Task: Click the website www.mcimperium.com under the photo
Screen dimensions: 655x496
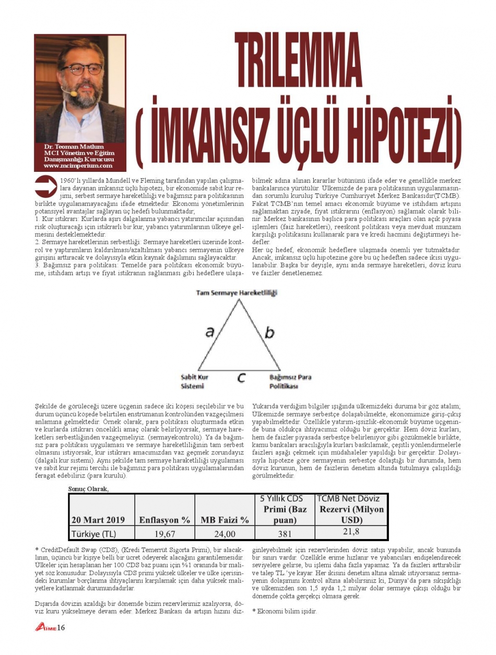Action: [78, 166]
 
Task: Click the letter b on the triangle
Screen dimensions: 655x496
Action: [269, 332]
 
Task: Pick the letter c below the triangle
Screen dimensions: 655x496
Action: [241, 378]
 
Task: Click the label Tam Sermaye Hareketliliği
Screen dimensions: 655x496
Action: [237, 293]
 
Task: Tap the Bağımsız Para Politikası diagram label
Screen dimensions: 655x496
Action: [290, 381]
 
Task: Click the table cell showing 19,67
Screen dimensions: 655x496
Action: [164, 534]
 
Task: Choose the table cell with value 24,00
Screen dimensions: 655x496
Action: [225, 534]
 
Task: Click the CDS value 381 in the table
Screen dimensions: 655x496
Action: [285, 534]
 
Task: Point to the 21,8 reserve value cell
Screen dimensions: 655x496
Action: [351, 532]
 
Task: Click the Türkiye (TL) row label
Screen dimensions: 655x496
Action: [94, 534]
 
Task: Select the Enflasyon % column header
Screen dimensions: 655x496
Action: [164, 520]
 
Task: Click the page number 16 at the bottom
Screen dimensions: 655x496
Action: [61, 627]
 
